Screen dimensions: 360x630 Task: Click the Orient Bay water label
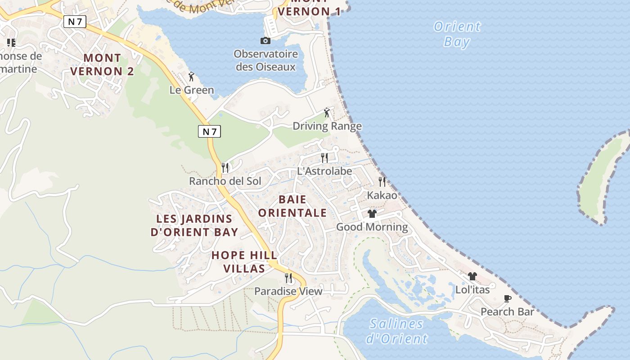coord(457,34)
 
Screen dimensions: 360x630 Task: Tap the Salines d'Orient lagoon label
coord(396,331)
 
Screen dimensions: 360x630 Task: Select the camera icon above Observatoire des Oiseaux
coord(265,41)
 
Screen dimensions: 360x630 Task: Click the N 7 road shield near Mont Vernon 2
coord(75,22)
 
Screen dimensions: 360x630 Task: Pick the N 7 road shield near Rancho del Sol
coord(209,131)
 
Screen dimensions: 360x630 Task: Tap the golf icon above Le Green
coord(191,76)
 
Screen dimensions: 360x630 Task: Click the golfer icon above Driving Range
coord(327,112)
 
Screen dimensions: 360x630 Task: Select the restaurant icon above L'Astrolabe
coord(324,157)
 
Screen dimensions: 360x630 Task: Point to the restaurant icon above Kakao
coord(382,181)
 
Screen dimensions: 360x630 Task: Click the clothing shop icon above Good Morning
coord(372,213)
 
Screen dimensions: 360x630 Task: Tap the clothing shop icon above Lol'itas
coord(472,276)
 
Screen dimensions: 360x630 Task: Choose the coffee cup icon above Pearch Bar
coord(507,298)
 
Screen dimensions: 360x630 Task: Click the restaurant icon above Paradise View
coord(288,278)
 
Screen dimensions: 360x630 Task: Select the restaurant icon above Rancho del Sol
coord(225,168)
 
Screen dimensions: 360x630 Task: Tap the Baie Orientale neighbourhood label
coord(292,206)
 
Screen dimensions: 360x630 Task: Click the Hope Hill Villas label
coord(244,262)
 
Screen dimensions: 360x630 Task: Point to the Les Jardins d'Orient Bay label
coord(194,225)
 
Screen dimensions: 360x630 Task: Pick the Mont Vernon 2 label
coord(102,64)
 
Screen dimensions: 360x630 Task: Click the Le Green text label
coord(192,90)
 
